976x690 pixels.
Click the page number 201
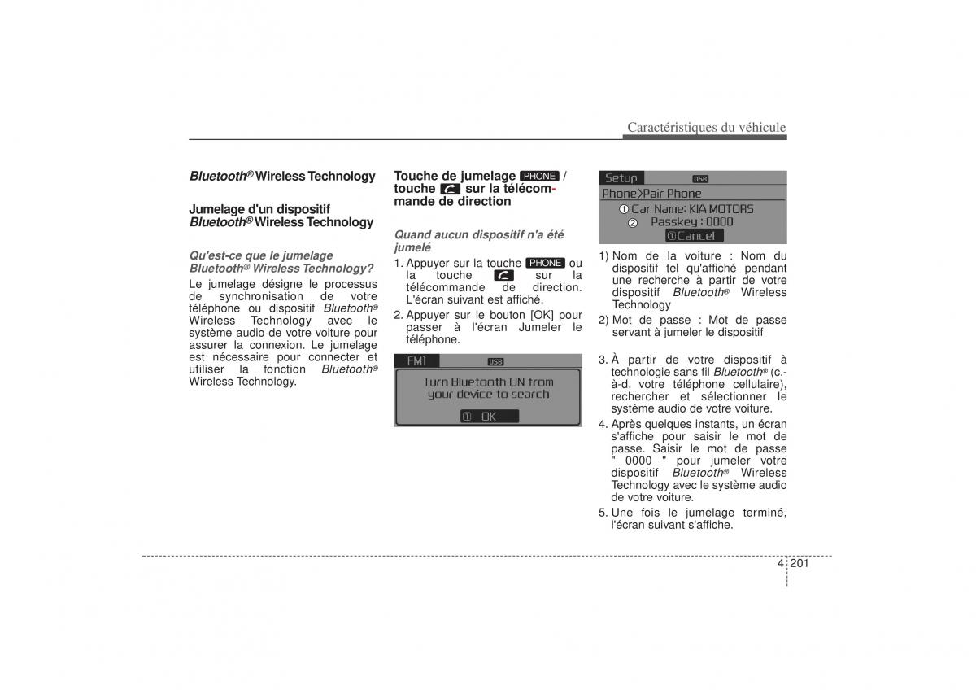pyautogui.click(x=800, y=563)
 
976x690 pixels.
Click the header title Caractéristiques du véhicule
pyautogui.click(x=706, y=127)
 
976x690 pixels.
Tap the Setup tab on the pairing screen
pyautogui.click(x=621, y=178)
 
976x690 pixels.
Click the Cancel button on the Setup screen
pyautogui.click(x=693, y=236)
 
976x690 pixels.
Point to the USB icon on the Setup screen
pyautogui.click(x=700, y=179)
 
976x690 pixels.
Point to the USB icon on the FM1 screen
pyautogui.click(x=495, y=361)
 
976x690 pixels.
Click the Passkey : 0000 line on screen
pyautogui.click(x=691, y=221)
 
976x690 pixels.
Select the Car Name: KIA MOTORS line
pyautogui.click(x=692, y=208)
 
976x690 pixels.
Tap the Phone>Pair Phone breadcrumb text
pyautogui.click(x=651, y=194)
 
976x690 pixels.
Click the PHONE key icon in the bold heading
pyautogui.click(x=539, y=176)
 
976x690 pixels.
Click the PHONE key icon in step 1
pyautogui.click(x=545, y=263)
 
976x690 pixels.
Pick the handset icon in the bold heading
pyautogui.click(x=450, y=189)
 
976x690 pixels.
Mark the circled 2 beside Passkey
pyautogui.click(x=633, y=222)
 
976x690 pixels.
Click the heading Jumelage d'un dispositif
pyautogui.click(x=259, y=209)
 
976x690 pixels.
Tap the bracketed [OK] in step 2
pyautogui.click(x=543, y=315)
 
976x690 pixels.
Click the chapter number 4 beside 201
pyautogui.click(x=781, y=563)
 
